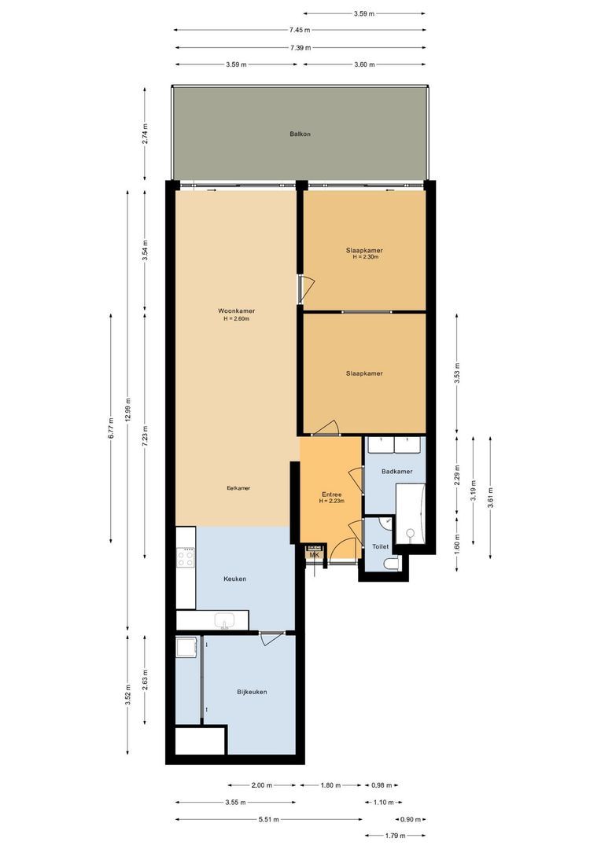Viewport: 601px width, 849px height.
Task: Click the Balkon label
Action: point(300,134)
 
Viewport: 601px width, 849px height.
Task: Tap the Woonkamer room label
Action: point(236,311)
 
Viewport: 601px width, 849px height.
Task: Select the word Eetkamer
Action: point(238,488)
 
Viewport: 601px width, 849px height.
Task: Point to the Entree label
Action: point(330,494)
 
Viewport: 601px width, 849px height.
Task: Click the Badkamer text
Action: point(396,472)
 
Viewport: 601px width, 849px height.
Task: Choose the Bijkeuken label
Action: point(252,692)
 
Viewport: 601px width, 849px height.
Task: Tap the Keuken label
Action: point(234,579)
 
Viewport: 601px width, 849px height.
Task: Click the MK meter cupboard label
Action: point(315,555)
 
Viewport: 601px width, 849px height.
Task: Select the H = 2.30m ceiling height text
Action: point(365,257)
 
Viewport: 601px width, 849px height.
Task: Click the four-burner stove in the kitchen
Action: point(186,557)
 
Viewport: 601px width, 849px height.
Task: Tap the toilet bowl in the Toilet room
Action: point(391,564)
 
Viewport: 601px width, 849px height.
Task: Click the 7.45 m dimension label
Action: point(300,30)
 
